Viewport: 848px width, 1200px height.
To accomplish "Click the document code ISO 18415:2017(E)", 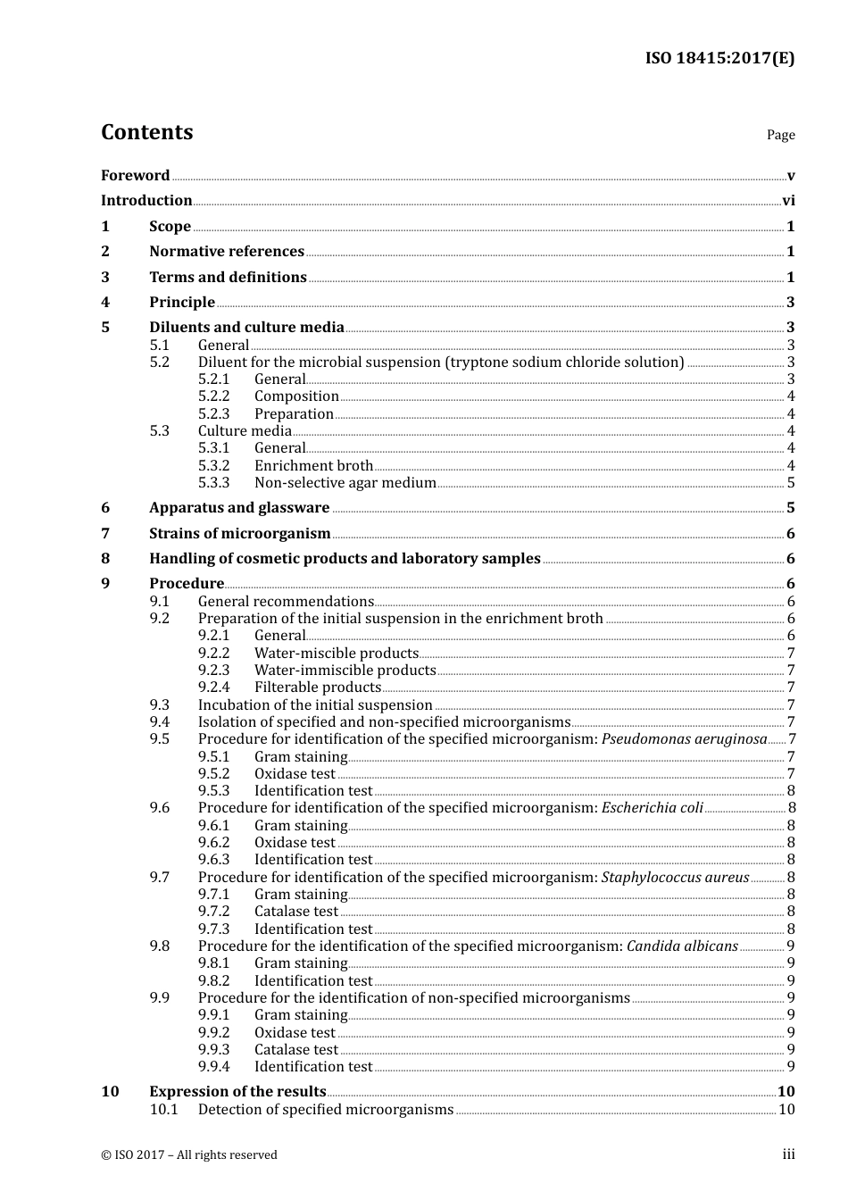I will point(719,59).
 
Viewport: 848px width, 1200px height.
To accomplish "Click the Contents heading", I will point(146,132).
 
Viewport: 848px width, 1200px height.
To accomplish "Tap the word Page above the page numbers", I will point(780,135).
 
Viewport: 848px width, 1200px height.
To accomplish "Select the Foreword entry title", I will point(135,176).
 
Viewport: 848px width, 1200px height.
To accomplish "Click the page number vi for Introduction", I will point(788,201).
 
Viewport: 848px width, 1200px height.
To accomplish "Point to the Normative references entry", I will point(227,252).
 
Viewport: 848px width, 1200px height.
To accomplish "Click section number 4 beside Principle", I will point(105,303).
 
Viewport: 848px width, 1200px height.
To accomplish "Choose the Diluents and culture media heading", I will point(246,328).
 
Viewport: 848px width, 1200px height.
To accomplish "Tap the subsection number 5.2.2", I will point(213,396).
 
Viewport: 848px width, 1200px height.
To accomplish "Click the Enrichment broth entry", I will point(313,466).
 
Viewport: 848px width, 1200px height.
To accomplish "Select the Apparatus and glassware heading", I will point(239,508).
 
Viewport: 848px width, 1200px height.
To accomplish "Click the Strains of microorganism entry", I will point(239,534).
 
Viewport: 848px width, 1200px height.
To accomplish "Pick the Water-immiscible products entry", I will point(345,671).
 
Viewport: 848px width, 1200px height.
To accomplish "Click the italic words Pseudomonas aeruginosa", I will point(684,739).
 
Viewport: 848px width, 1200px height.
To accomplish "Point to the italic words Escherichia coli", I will point(653,808).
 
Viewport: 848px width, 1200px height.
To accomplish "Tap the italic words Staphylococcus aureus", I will point(675,878).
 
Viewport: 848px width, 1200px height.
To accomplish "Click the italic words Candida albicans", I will point(682,946).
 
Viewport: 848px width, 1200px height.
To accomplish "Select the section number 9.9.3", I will point(213,1050).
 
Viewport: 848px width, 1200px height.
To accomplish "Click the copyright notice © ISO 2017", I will point(188,1155).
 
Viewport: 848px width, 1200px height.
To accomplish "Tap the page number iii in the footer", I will point(788,1154).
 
